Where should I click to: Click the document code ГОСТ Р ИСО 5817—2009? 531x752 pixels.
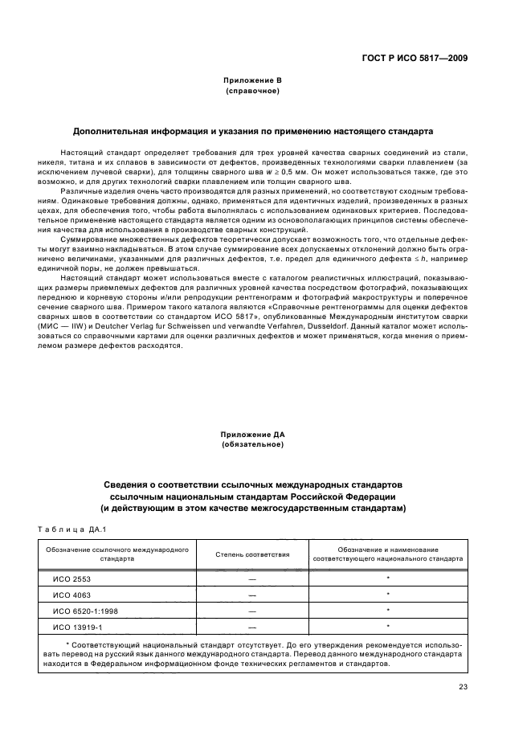point(415,59)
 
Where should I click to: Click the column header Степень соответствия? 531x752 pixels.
point(252,554)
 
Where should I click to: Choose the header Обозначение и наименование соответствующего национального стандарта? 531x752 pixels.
point(388,554)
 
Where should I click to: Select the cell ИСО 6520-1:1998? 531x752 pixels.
point(80,611)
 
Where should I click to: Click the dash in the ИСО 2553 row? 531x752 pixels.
point(252,578)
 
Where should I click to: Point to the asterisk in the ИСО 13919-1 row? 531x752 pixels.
point(388,627)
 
